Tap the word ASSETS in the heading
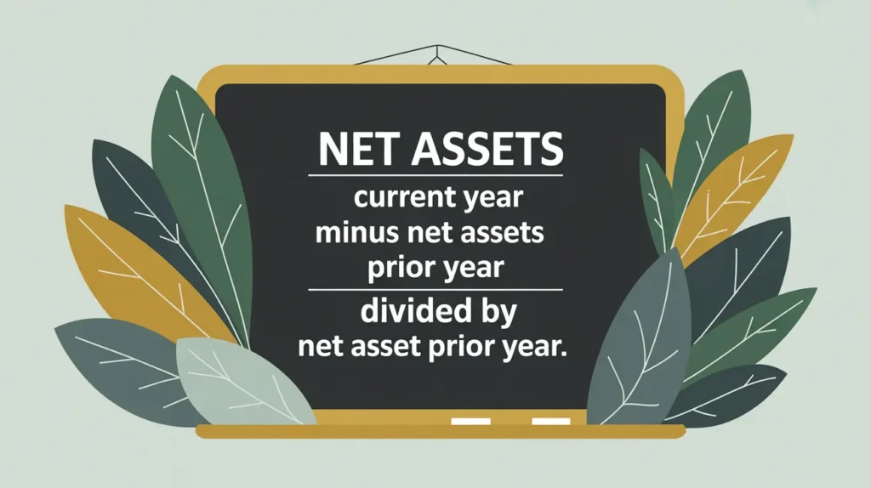(487, 149)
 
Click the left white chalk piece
(470, 422)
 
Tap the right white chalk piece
(551, 422)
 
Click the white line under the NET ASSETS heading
(435, 175)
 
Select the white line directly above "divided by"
(435, 290)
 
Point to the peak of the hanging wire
(438, 46)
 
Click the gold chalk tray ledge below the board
(441, 431)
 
